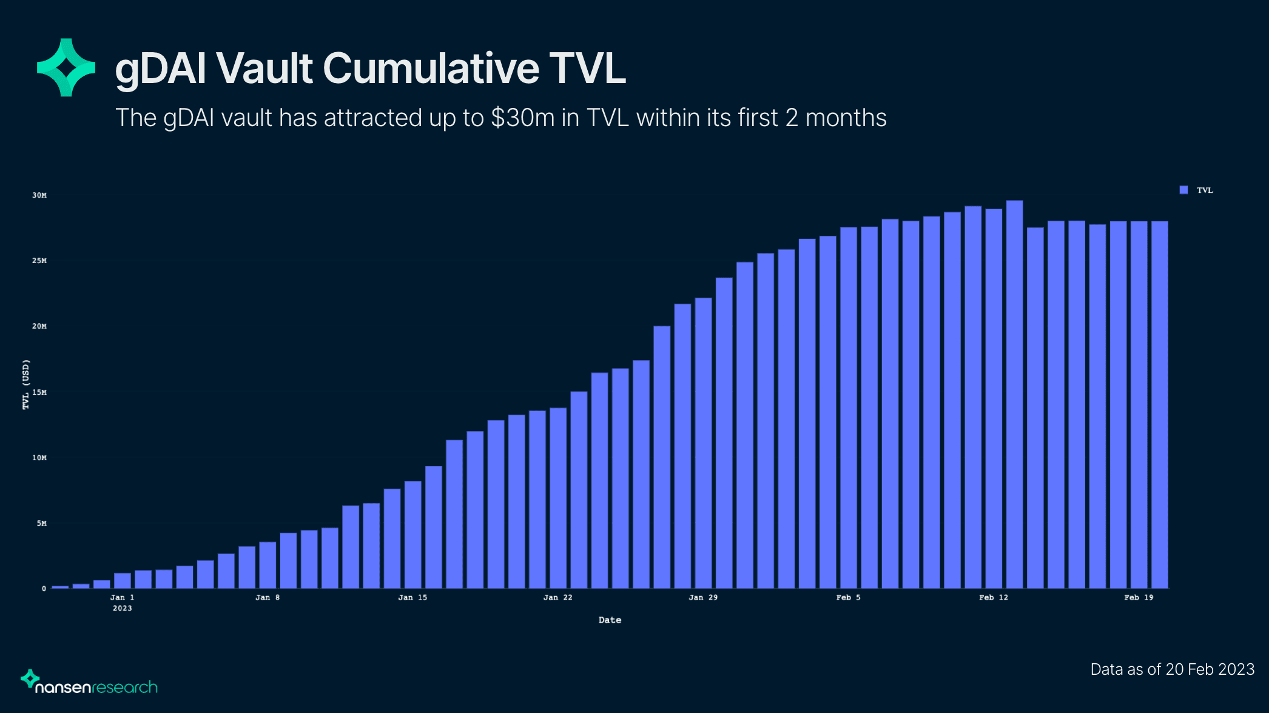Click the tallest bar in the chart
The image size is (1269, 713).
(x=1014, y=394)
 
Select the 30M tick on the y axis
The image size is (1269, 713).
(x=39, y=195)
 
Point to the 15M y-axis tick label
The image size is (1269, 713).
(x=39, y=392)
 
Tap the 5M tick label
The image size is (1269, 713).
(x=41, y=523)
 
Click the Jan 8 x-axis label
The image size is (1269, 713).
(x=268, y=598)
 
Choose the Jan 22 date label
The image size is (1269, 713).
(x=557, y=598)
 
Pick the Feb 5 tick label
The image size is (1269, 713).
(x=848, y=598)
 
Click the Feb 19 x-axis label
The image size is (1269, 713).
(x=1139, y=598)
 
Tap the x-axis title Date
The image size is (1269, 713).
(x=610, y=620)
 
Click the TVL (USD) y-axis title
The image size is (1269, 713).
(x=25, y=384)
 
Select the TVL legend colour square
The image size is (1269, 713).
(x=1183, y=190)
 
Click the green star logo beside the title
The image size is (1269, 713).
(x=66, y=67)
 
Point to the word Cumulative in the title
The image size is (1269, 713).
(x=431, y=68)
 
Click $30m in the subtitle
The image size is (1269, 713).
(x=522, y=118)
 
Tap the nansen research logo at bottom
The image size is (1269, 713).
(x=89, y=683)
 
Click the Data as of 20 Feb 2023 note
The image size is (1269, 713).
(x=1172, y=669)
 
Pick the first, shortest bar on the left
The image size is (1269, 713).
(x=60, y=587)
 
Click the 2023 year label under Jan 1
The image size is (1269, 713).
(x=122, y=608)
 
